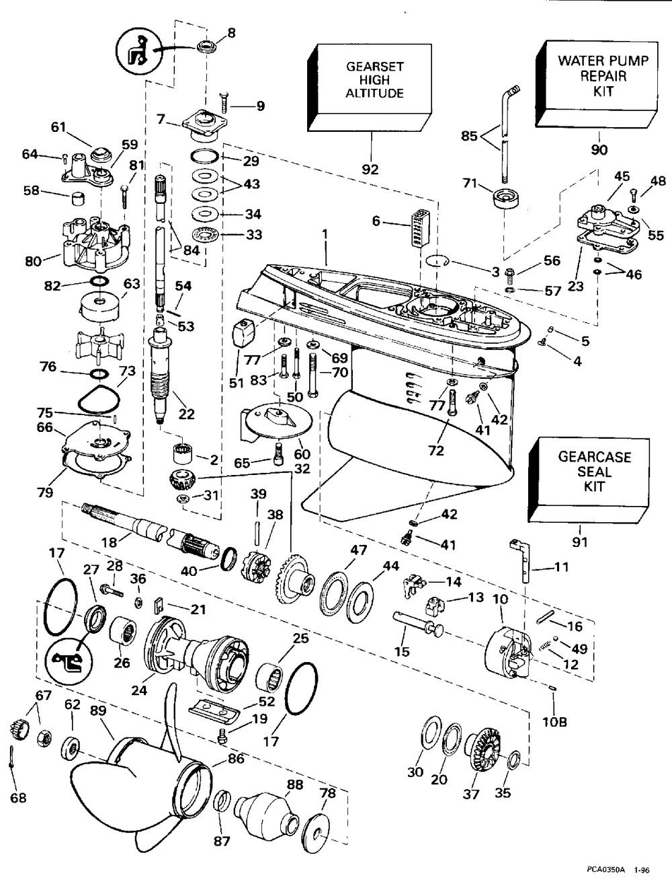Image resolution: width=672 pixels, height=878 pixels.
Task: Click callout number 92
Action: [370, 169]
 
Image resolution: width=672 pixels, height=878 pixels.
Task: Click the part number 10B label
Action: [555, 723]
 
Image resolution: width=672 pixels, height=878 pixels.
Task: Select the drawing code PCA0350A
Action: [604, 869]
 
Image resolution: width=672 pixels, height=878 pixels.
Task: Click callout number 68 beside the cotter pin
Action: [18, 798]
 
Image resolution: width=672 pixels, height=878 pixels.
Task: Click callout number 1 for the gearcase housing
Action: [324, 237]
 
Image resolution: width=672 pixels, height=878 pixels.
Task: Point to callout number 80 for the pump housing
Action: [34, 260]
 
